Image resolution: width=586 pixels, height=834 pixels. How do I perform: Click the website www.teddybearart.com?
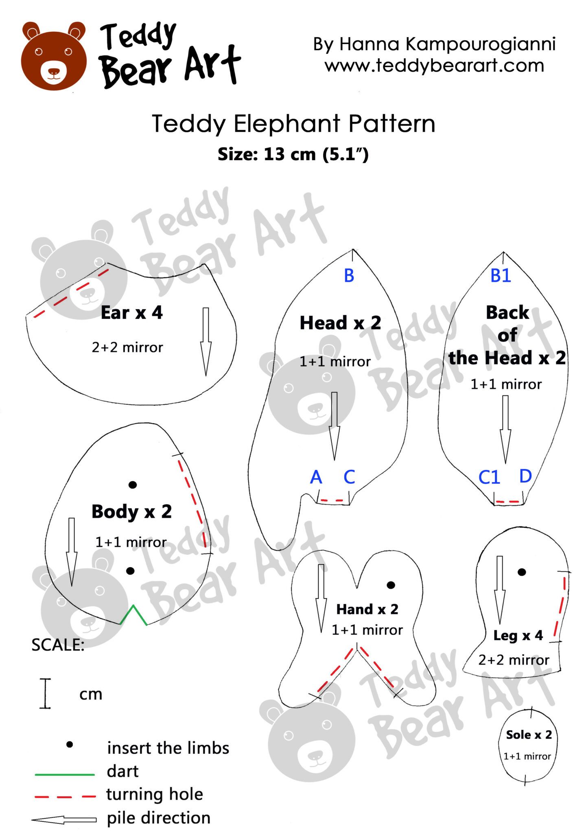(x=434, y=66)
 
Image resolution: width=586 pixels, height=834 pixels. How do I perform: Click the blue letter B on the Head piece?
(x=349, y=276)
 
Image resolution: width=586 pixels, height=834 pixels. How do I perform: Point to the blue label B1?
(x=500, y=276)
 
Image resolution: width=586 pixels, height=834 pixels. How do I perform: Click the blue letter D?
(x=525, y=476)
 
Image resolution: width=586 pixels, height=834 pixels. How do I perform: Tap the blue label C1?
(x=489, y=477)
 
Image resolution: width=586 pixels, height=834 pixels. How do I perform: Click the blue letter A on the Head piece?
(x=316, y=477)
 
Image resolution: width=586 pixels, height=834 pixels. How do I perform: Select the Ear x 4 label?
(x=131, y=313)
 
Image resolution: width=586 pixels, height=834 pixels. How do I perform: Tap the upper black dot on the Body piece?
(x=132, y=485)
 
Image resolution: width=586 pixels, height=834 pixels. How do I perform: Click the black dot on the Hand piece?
(x=391, y=585)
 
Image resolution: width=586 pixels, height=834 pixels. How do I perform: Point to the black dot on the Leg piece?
(x=522, y=572)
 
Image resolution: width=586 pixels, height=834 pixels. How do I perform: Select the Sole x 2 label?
(x=529, y=735)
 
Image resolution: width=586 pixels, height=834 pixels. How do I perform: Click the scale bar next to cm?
(x=45, y=694)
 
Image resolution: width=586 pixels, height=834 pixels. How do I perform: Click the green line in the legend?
(x=65, y=774)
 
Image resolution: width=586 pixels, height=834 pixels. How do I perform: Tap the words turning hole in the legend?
(x=154, y=794)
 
